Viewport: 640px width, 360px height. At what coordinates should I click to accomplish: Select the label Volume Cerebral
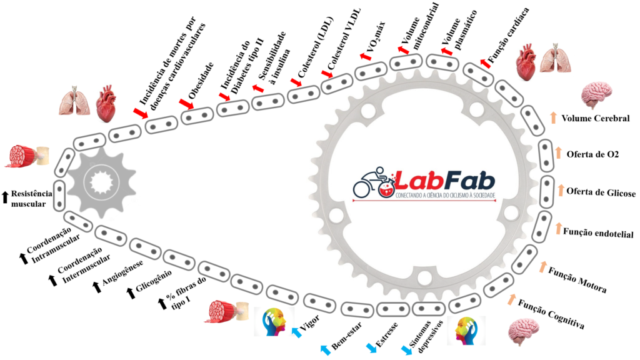(595, 119)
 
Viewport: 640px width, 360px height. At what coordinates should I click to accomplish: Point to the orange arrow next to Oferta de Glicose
(561, 190)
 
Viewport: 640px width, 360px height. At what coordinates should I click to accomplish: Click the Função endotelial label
(598, 233)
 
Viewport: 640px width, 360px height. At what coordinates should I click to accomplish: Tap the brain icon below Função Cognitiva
(522, 329)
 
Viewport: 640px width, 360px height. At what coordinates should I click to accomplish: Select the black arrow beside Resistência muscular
(6, 197)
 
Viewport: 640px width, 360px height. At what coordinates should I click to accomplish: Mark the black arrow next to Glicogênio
(130, 292)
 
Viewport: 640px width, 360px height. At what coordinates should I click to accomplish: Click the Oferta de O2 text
(592, 154)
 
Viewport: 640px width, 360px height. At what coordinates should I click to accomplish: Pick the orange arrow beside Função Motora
(543, 266)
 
